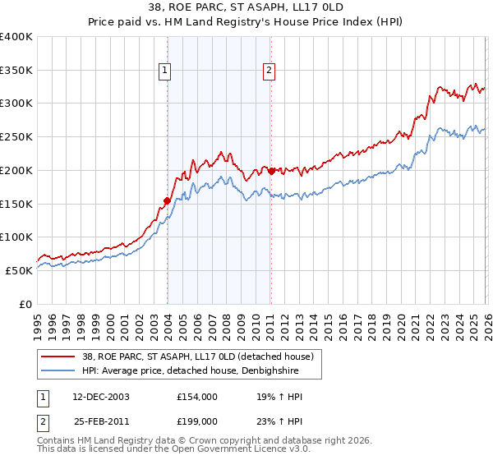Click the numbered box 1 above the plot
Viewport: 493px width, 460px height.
[165, 71]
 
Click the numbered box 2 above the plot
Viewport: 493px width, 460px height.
[269, 71]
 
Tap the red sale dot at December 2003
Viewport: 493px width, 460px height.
[168, 200]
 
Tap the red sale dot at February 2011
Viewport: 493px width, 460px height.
[271, 171]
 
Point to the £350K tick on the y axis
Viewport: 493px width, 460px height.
[17, 71]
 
